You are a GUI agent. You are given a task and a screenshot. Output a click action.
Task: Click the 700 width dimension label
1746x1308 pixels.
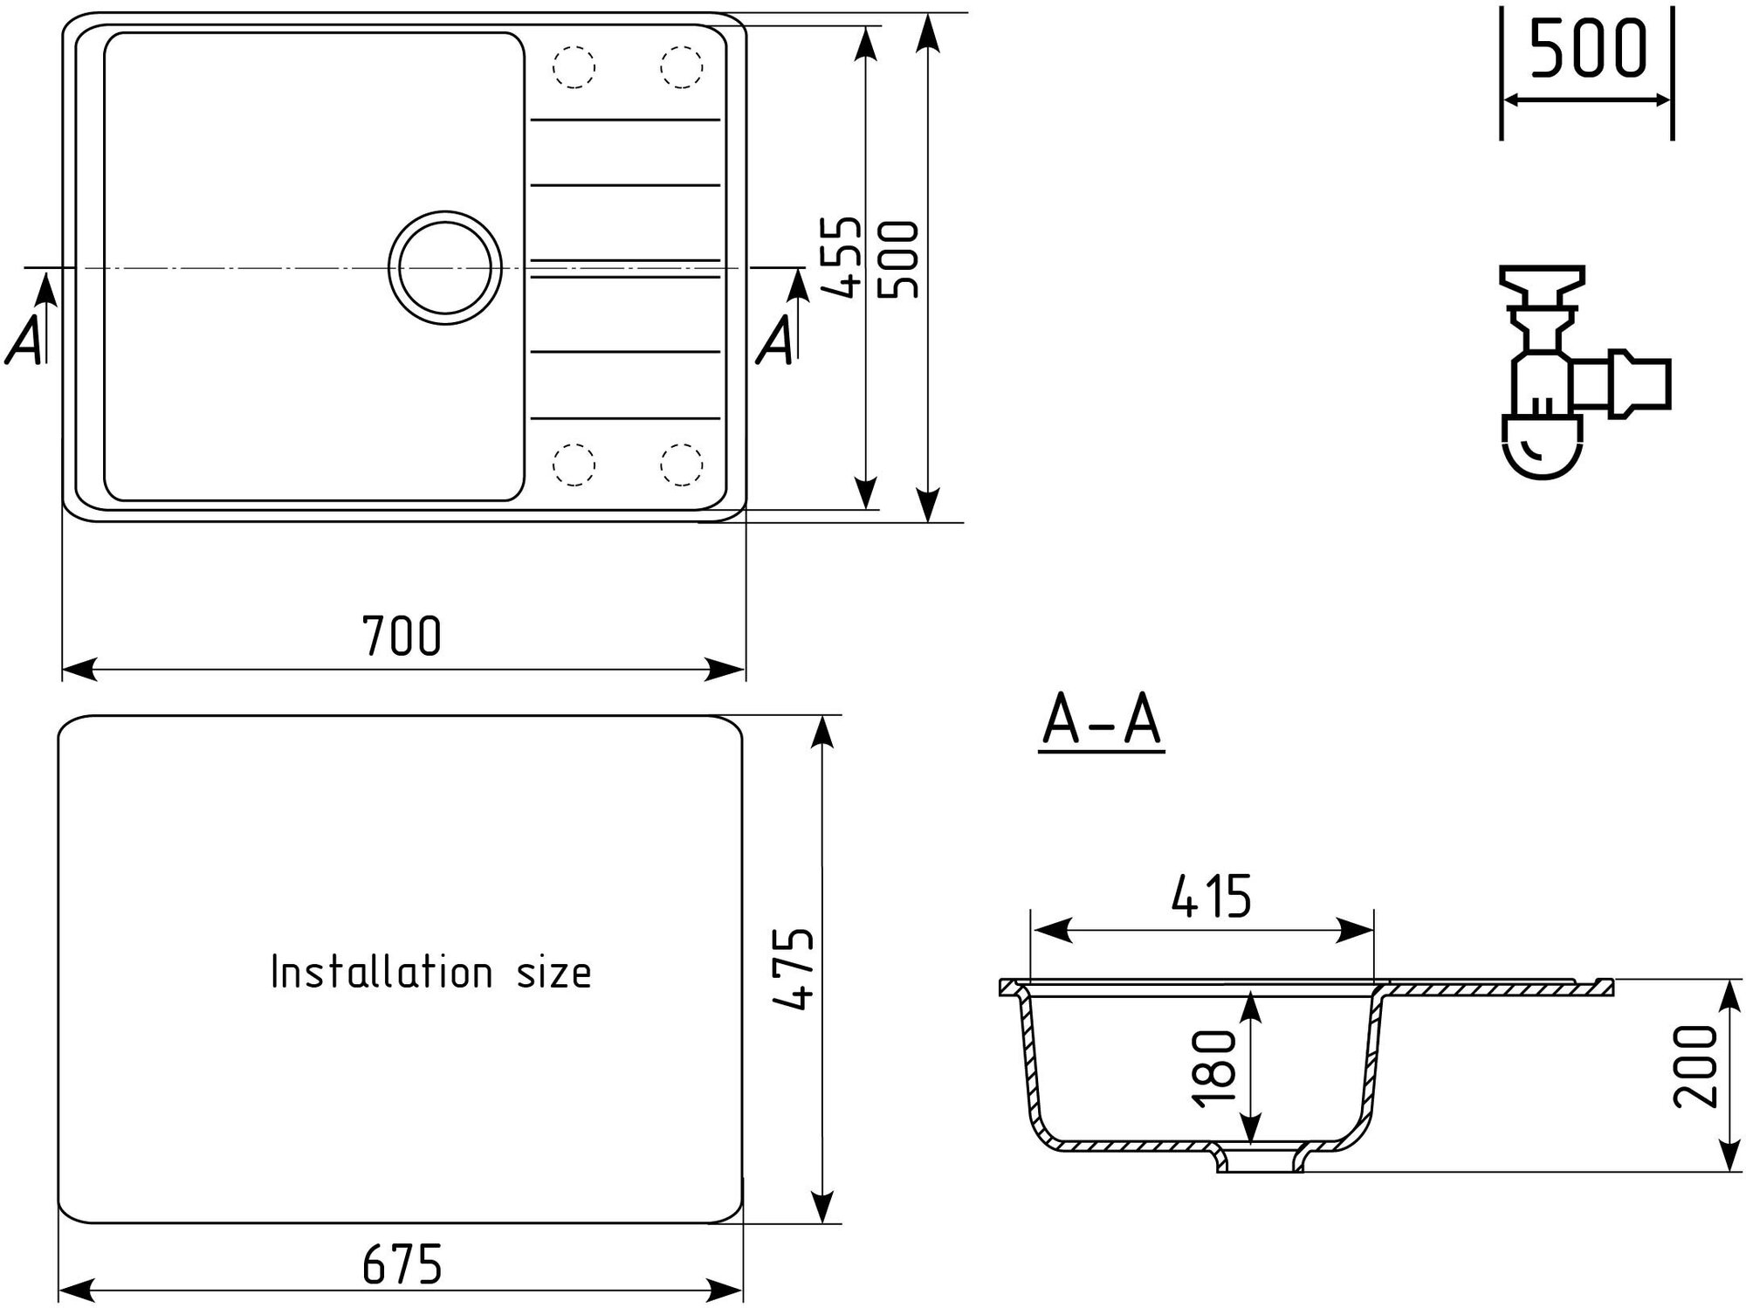tap(402, 636)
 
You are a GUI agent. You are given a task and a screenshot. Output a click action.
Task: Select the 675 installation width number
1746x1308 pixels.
tap(402, 1263)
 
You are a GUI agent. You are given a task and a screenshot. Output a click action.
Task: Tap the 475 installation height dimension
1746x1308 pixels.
tap(794, 969)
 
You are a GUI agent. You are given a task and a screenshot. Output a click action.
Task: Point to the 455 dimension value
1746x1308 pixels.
tap(843, 258)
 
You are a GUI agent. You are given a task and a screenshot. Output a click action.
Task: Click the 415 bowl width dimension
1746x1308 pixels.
tap(1211, 897)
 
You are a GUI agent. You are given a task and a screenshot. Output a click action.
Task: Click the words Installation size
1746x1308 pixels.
tap(431, 972)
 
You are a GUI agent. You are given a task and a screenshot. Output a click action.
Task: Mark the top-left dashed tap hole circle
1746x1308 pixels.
tap(574, 66)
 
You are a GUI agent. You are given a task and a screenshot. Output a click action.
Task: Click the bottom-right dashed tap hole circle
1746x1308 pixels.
tap(682, 464)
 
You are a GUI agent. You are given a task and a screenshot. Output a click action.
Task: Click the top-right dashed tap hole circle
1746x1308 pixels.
tap(682, 66)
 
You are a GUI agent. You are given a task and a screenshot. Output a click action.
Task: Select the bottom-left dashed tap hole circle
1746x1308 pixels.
tap(574, 464)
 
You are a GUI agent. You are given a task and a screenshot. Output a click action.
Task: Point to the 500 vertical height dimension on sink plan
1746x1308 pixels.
tap(899, 260)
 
